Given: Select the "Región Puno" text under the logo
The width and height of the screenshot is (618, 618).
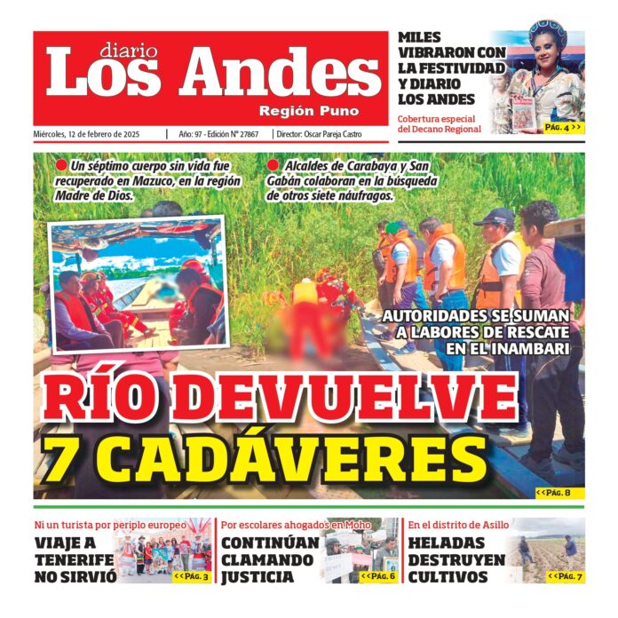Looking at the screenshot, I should (309, 111).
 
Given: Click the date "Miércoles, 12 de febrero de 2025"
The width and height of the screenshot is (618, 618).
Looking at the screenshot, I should (97, 134).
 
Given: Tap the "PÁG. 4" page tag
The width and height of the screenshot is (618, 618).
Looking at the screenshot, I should (563, 127).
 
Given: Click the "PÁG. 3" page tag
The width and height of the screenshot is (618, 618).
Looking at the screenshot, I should (192, 576).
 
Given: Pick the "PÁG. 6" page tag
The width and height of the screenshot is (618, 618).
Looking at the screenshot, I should (378, 576).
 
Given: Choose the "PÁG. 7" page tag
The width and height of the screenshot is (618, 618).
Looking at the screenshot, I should (565, 576).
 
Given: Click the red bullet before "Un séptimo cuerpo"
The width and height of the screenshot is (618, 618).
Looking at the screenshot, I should (61, 166).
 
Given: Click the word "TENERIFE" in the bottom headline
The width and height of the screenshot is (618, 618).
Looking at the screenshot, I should (75, 560).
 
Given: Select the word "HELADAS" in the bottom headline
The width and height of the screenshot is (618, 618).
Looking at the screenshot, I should (447, 543).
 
